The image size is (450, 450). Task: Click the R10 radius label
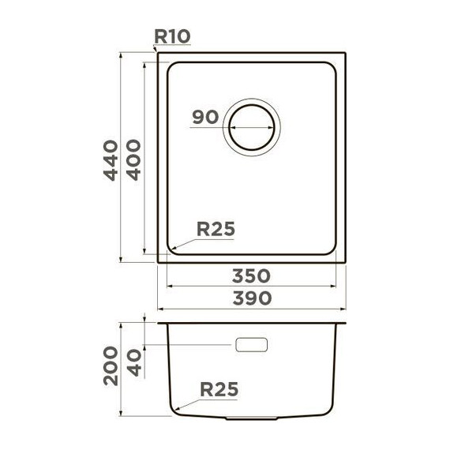click(172, 37)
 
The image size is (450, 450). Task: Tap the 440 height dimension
click(111, 160)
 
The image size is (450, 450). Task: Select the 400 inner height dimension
click(133, 159)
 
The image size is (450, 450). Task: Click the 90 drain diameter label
click(205, 118)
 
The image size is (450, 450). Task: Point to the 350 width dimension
click(251, 276)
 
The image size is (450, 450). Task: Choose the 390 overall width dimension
click(252, 298)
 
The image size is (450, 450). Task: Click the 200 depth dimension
click(111, 366)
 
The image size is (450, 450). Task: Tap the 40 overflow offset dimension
click(134, 362)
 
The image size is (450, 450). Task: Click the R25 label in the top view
click(216, 229)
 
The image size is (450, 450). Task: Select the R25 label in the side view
click(219, 389)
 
